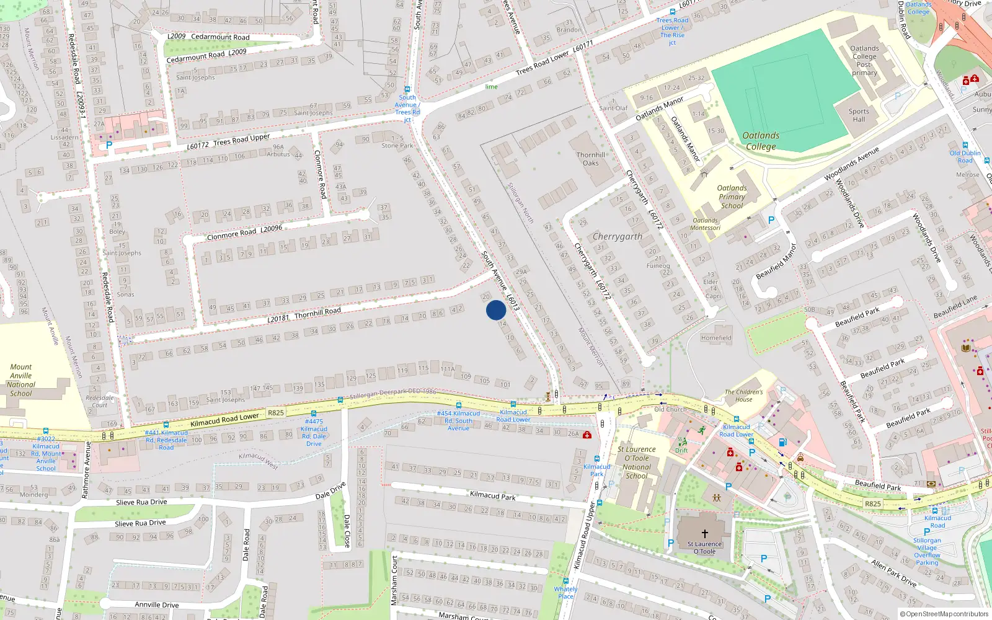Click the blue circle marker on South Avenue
[496, 310]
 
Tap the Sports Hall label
[859, 115]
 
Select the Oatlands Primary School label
[732, 197]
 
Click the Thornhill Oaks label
[590, 159]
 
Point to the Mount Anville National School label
[21, 380]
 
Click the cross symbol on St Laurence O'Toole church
[704, 533]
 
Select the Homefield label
[716, 338]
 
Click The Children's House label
[744, 396]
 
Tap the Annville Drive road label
[156, 604]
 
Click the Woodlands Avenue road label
[851, 164]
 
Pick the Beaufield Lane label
[955, 306]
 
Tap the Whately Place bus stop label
[565, 593]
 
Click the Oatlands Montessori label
[705, 224]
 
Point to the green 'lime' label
[491, 87]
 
